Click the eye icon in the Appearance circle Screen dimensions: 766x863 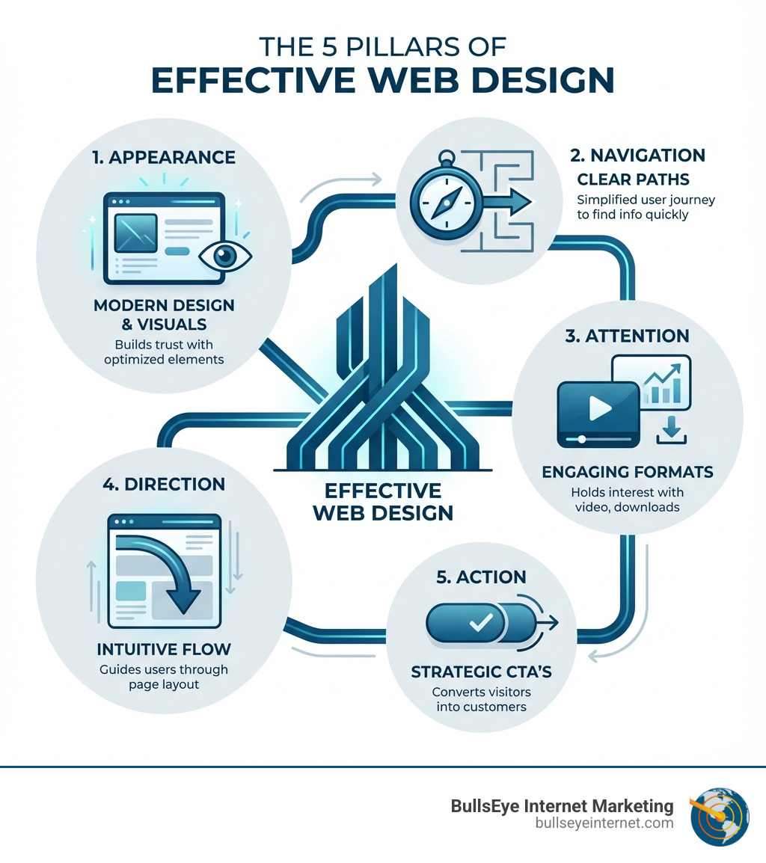pyautogui.click(x=224, y=256)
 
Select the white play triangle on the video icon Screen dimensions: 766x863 pyautogui.click(x=600, y=408)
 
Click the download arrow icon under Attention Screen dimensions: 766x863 pyautogui.click(x=671, y=431)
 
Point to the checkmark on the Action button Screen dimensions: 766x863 pyautogui.click(x=481, y=622)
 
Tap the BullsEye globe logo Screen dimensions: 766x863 pyautogui.click(x=720, y=816)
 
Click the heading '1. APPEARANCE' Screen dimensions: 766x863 pyautogui.click(x=164, y=157)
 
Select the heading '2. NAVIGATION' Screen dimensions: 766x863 pyautogui.click(x=637, y=156)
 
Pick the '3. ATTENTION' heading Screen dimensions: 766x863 pyautogui.click(x=627, y=336)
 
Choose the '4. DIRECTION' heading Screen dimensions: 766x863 pyautogui.click(x=164, y=485)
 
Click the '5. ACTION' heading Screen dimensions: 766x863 pyautogui.click(x=481, y=577)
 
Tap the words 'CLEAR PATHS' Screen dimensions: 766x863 pyautogui.click(x=634, y=179)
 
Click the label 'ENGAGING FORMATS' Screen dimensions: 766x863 pyautogui.click(x=628, y=472)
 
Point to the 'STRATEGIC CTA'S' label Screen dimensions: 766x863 pyautogui.click(x=481, y=672)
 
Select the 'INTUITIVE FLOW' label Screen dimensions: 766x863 pyautogui.click(x=164, y=649)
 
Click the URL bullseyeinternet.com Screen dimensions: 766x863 pyautogui.click(x=604, y=823)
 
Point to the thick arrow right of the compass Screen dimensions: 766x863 pyautogui.click(x=508, y=201)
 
